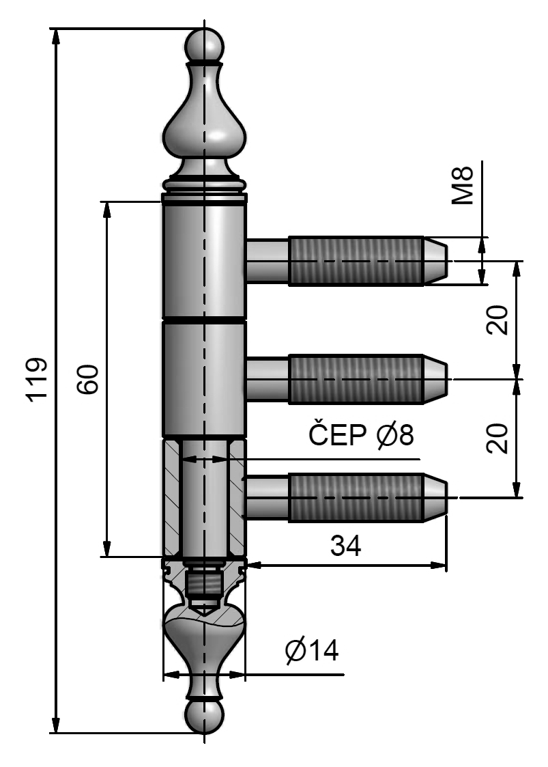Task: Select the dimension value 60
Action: tap(88, 380)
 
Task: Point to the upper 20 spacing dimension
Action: tap(500, 319)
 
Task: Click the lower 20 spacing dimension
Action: tap(500, 438)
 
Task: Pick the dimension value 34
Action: tap(345, 546)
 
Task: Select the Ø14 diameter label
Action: tap(312, 651)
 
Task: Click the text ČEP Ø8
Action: tap(361, 435)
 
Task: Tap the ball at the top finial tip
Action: tap(204, 46)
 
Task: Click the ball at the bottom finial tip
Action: tap(204, 715)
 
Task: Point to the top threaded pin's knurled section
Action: tap(356, 260)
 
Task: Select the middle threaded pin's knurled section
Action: tap(356, 379)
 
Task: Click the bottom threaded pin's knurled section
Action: tap(356, 497)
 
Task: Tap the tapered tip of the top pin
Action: tap(436, 260)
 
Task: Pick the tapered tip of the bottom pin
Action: tap(436, 497)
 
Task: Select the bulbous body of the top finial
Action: tap(204, 130)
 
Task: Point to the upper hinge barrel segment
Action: tap(204, 263)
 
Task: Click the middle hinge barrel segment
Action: tap(204, 379)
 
